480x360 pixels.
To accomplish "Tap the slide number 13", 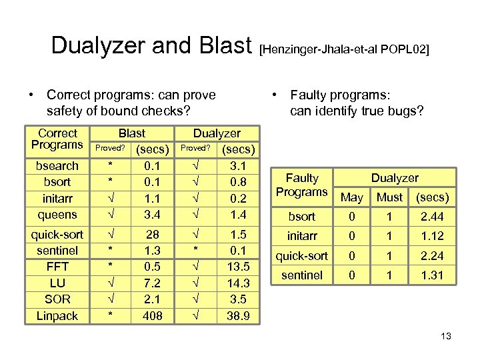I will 446,336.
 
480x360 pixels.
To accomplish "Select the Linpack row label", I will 57,316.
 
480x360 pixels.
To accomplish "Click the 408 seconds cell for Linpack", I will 153,316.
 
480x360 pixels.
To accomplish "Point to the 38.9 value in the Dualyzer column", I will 239,316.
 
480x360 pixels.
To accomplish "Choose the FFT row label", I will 57,267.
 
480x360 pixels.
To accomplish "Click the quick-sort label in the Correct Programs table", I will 57,234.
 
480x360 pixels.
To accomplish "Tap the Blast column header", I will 131,133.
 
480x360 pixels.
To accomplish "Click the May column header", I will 352,197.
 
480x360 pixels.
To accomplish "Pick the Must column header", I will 390,197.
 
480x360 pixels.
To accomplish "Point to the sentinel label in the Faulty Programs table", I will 301,275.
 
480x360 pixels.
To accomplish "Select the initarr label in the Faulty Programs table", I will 301,236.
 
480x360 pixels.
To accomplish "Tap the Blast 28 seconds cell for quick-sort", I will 153,234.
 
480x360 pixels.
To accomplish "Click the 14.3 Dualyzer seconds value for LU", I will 238,283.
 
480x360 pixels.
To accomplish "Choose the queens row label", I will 57,215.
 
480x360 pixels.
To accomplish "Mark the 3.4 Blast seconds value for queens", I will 153,215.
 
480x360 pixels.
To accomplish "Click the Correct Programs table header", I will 57,139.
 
